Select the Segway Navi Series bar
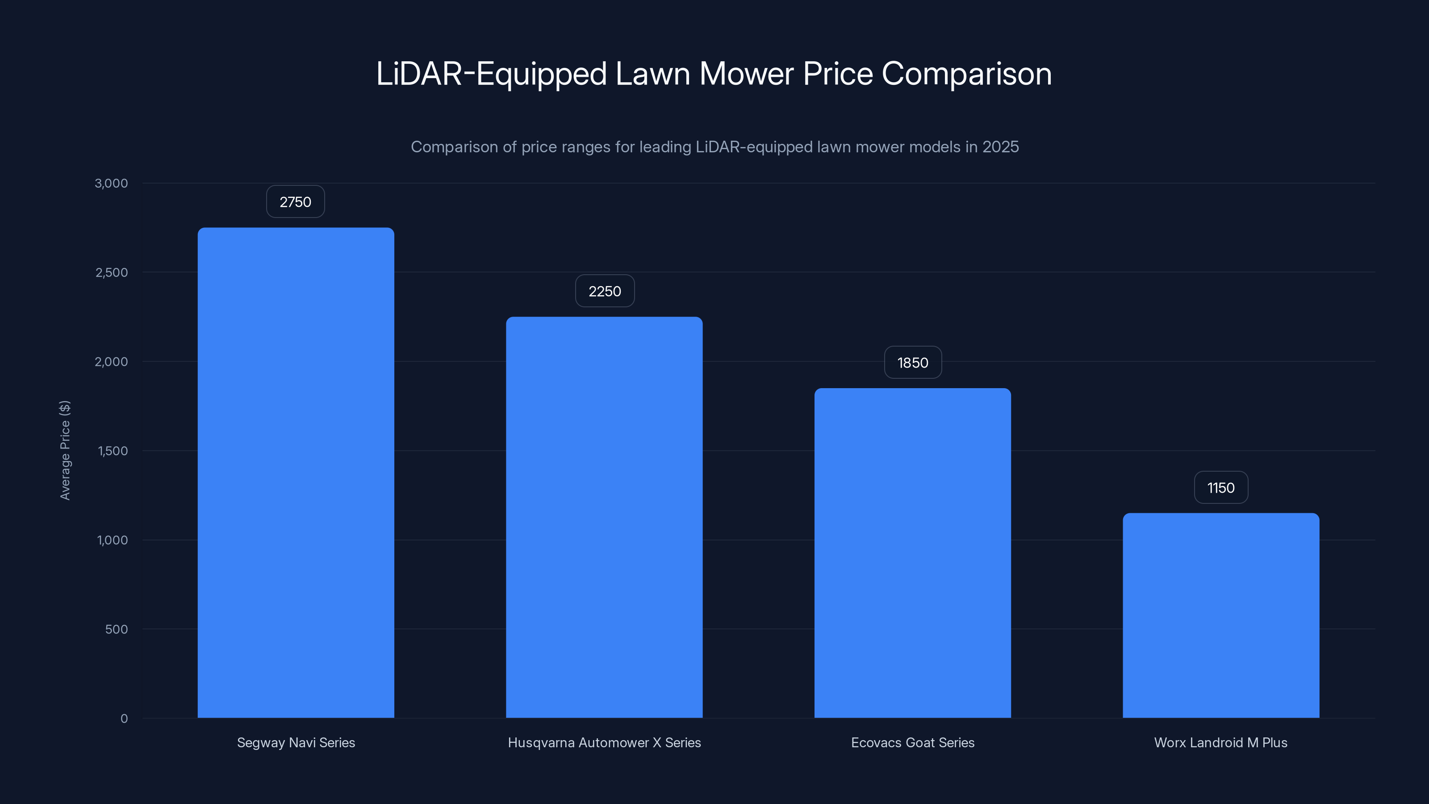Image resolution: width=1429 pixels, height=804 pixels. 296,472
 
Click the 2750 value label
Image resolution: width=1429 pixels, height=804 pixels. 295,202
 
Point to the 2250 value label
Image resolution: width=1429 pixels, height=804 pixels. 605,291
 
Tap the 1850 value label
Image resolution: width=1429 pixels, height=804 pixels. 912,363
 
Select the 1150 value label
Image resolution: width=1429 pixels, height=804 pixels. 1221,488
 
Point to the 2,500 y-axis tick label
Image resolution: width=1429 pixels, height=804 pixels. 112,272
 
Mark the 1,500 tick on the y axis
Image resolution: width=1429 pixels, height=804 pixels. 113,451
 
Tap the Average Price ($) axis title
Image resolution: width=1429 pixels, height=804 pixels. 65,450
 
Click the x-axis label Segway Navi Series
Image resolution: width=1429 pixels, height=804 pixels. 296,742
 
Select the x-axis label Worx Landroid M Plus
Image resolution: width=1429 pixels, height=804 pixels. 1220,742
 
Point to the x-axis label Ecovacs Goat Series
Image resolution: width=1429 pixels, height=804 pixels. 912,742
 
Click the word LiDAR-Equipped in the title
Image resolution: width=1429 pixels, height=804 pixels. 491,74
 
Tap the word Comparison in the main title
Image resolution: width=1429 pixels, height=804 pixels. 966,74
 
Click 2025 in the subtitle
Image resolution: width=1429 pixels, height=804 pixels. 1000,147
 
